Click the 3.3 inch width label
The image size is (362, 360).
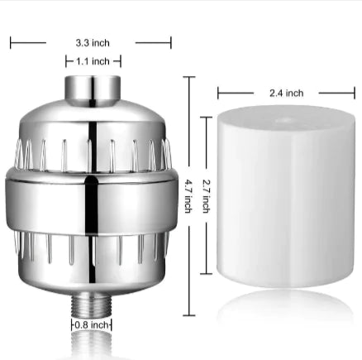91,43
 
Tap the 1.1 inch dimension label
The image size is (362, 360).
93,61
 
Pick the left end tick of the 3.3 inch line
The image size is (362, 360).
12,42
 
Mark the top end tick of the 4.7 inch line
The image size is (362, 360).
189,77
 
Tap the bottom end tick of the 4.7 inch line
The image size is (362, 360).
189,314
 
